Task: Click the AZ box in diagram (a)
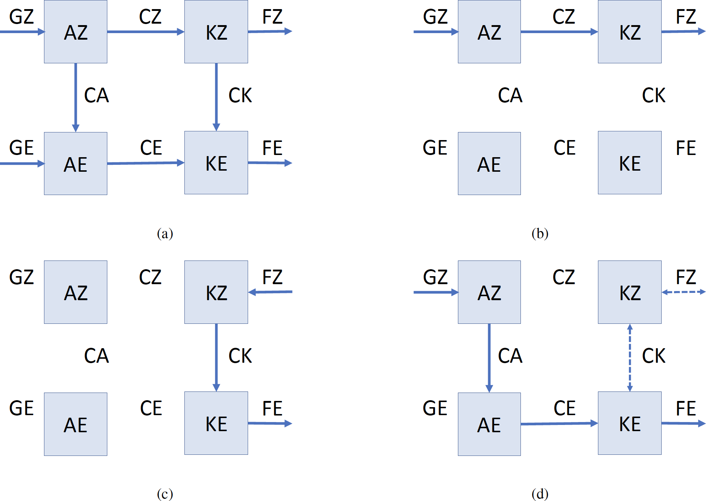click(x=76, y=32)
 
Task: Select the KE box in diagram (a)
click(x=216, y=163)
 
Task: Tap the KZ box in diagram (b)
click(x=630, y=32)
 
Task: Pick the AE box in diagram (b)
click(x=489, y=164)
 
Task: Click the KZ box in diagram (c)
click(x=216, y=292)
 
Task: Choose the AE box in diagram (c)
click(x=76, y=424)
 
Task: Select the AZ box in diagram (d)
click(x=489, y=292)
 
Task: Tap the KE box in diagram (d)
click(x=630, y=423)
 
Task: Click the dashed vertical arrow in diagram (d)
click(x=630, y=358)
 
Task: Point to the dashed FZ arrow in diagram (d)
click(x=683, y=292)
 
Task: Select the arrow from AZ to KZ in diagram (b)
click(x=559, y=32)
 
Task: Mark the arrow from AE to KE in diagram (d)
click(x=559, y=424)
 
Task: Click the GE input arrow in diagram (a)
click(x=22, y=164)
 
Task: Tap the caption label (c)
click(x=165, y=494)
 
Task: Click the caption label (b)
click(x=540, y=233)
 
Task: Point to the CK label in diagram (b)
click(x=654, y=95)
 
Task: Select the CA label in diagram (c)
click(x=96, y=356)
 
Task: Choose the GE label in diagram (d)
click(x=435, y=408)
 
